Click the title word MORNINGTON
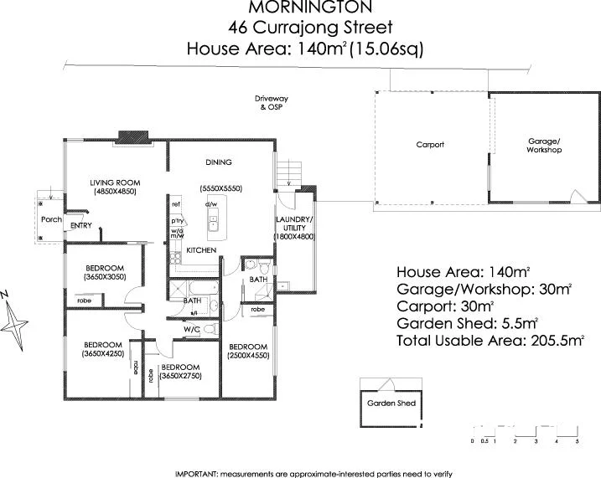[300, 11]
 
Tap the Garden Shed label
[391, 403]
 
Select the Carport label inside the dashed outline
[430, 145]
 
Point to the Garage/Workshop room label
[543, 146]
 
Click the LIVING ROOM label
[115, 182]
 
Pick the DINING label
[219, 162]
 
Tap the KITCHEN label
[201, 251]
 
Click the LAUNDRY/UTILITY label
[294, 224]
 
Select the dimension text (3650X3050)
[105, 277]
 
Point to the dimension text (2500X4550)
[247, 356]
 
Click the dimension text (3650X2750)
[179, 377]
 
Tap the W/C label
[191, 330]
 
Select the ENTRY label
[81, 225]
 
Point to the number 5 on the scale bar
[578, 440]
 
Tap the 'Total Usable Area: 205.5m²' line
[490, 341]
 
